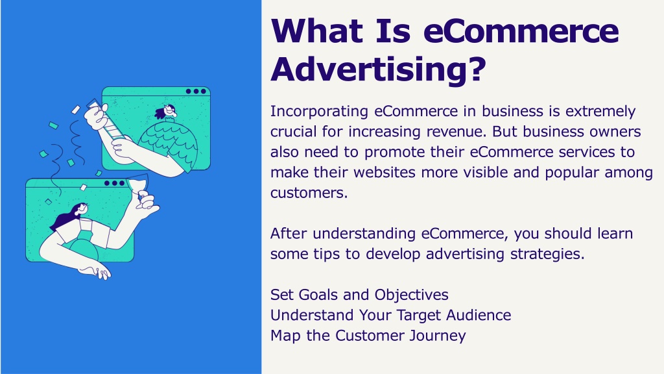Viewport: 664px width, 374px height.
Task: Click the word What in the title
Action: (x=316, y=31)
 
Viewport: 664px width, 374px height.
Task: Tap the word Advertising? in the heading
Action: (x=378, y=69)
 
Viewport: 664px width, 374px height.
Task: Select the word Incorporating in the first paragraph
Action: (x=319, y=112)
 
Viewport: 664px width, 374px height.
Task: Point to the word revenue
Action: (x=456, y=131)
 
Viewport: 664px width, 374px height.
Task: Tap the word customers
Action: (x=309, y=193)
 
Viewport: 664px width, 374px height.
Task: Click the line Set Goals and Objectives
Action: (x=359, y=295)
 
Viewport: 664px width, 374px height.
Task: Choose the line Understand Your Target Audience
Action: (x=391, y=315)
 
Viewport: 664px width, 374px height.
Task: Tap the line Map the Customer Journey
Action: (x=368, y=336)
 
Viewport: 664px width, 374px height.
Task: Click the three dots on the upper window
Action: (x=196, y=91)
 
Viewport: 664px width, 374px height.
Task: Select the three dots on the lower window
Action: (x=114, y=183)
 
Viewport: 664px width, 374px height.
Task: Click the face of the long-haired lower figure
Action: (x=82, y=208)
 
